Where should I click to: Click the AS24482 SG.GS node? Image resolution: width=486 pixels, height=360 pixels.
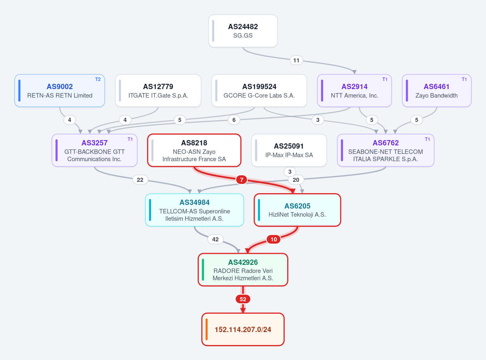[243, 31]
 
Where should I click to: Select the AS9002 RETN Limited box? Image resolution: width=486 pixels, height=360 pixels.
[60, 90]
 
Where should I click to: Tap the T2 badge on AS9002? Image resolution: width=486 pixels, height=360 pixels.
[98, 79]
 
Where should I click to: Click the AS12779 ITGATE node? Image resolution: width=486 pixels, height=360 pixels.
[158, 90]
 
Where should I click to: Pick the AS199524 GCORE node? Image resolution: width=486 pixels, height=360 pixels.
[259, 90]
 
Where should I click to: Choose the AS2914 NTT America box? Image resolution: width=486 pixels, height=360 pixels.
[354, 90]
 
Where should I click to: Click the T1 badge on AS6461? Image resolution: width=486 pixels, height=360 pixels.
[464, 79]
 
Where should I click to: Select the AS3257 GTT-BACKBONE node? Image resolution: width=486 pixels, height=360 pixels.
[94, 150]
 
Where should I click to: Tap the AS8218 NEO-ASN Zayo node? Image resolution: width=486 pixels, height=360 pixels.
[194, 150]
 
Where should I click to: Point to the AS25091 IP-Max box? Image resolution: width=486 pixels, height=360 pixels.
[289, 150]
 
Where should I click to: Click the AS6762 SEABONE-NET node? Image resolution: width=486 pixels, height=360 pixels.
[386, 150]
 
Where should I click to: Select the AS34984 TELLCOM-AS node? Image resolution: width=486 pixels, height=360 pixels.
[194, 210]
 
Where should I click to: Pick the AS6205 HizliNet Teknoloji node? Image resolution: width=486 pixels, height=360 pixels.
[297, 210]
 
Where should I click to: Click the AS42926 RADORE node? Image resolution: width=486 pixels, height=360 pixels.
[243, 270]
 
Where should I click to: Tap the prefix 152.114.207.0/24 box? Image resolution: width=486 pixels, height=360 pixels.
[243, 329]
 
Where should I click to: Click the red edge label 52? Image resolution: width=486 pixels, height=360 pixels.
[243, 299]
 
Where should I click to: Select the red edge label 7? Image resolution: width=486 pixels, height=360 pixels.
[241, 180]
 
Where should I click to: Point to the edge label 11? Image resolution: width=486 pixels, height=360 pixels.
[296, 60]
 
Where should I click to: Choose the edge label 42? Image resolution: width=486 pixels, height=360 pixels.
[215, 239]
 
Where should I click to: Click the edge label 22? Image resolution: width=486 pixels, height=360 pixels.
[140, 180]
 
